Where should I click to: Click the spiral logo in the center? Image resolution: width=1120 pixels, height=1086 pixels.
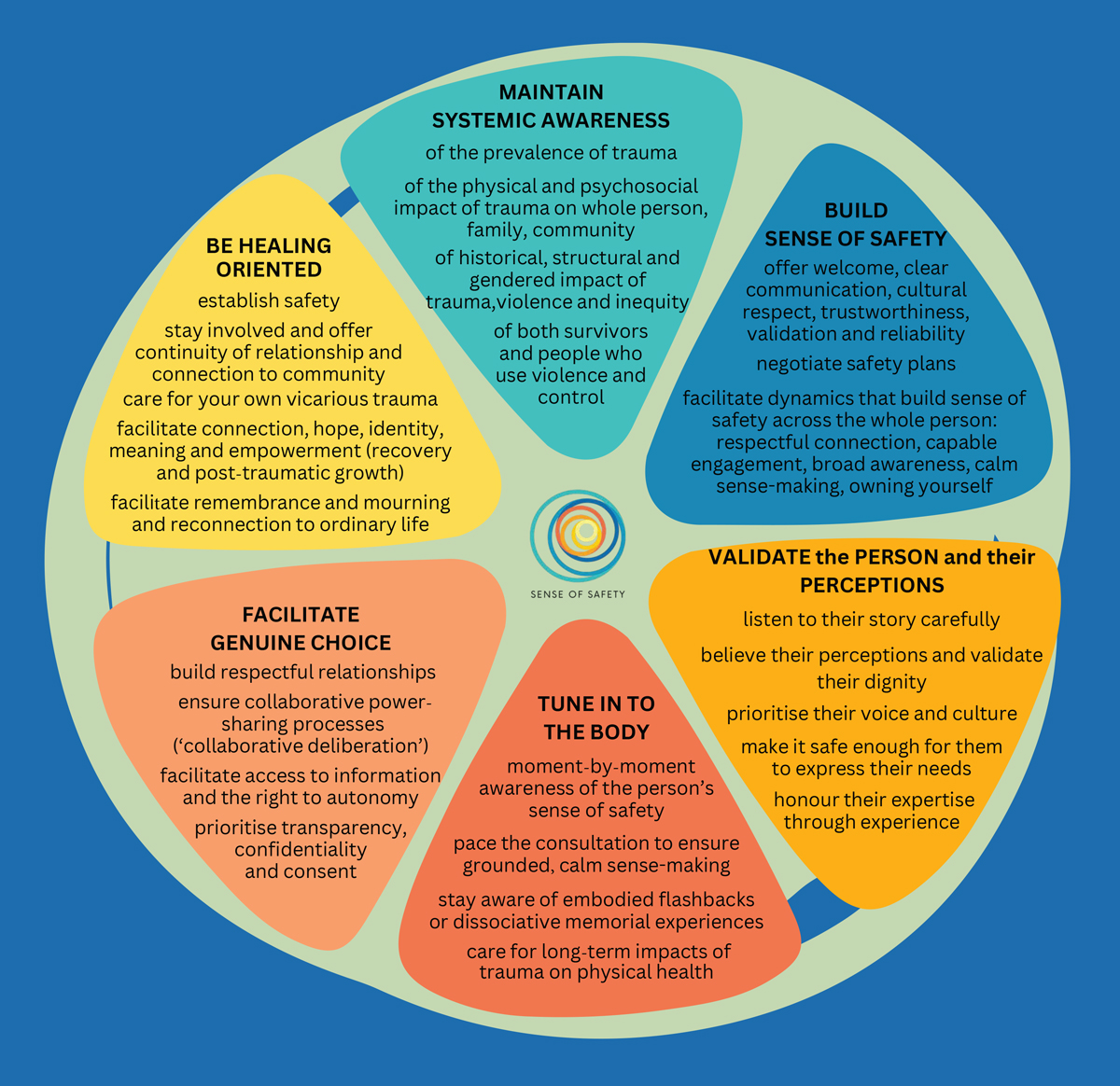[578, 536]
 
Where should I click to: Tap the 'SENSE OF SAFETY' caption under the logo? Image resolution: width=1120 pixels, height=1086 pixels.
[578, 594]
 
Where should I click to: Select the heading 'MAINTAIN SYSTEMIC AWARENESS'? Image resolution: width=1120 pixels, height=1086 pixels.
[551, 106]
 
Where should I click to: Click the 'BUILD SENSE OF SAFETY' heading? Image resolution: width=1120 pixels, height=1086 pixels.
[856, 225]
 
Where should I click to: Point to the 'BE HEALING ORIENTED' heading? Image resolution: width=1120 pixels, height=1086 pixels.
[269, 258]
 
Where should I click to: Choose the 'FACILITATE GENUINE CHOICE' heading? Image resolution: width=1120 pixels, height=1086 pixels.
[301, 629]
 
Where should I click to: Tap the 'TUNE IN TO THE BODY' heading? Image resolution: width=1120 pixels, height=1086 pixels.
[596, 717]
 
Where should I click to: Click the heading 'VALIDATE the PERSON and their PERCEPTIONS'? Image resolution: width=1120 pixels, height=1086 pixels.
[872, 571]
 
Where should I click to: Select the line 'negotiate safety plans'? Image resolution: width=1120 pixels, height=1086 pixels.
[856, 364]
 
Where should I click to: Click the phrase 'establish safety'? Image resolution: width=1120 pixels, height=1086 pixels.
[269, 300]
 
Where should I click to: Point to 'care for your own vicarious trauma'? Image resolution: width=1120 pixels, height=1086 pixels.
[280, 399]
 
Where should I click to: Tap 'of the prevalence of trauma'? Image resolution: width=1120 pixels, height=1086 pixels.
[552, 152]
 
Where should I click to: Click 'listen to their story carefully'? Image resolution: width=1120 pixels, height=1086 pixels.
[872, 620]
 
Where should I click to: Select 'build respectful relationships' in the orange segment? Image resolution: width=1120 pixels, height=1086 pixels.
[302, 672]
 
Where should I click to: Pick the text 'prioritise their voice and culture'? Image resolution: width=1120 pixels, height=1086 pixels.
[872, 714]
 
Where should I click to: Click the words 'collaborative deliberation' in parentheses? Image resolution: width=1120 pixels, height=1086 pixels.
[301, 745]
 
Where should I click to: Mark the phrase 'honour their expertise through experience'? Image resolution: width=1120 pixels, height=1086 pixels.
[873, 811]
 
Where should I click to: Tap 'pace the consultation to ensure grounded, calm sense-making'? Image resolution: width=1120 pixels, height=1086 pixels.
[596, 854]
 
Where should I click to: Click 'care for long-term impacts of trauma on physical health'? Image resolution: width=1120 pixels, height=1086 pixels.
[597, 962]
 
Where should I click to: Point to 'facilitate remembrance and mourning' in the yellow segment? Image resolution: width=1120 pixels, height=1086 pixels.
[280, 503]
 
